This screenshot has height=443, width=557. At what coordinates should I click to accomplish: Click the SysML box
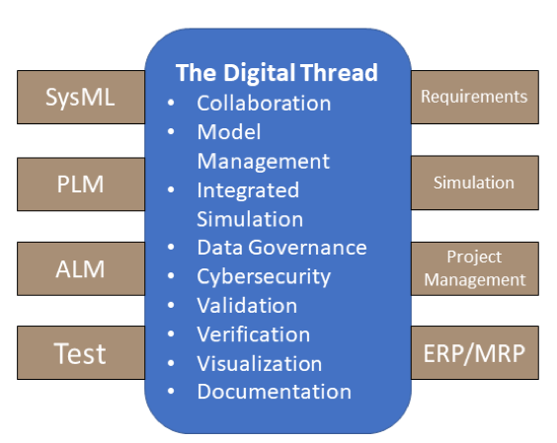[81, 98]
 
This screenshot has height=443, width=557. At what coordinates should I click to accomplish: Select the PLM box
[81, 185]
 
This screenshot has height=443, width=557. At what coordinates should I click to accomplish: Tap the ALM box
[81, 268]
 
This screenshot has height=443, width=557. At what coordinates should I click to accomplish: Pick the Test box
[81, 353]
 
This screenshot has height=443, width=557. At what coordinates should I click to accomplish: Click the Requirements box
[475, 97]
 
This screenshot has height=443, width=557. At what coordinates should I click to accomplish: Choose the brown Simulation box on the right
[475, 183]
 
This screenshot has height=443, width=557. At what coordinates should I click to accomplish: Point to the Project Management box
[475, 268]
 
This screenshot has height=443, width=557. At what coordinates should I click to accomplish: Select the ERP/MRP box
[475, 353]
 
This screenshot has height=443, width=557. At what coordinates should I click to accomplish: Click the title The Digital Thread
[277, 73]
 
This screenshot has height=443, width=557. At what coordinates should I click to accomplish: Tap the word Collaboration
[264, 104]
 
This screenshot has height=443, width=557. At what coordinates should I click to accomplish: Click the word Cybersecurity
[264, 277]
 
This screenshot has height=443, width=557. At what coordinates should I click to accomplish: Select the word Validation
[247, 306]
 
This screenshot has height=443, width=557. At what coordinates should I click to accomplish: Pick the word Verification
[254, 334]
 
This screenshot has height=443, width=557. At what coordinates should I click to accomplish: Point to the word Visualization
[260, 363]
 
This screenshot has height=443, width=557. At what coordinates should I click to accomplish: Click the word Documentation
[275, 392]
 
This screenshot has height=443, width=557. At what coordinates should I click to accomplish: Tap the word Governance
[307, 248]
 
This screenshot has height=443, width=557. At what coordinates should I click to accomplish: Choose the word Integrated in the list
[248, 190]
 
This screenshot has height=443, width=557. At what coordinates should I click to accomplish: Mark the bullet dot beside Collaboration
[171, 103]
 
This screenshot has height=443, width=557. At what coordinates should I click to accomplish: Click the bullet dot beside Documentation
[171, 391]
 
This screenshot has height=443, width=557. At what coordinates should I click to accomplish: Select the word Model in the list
[229, 132]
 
